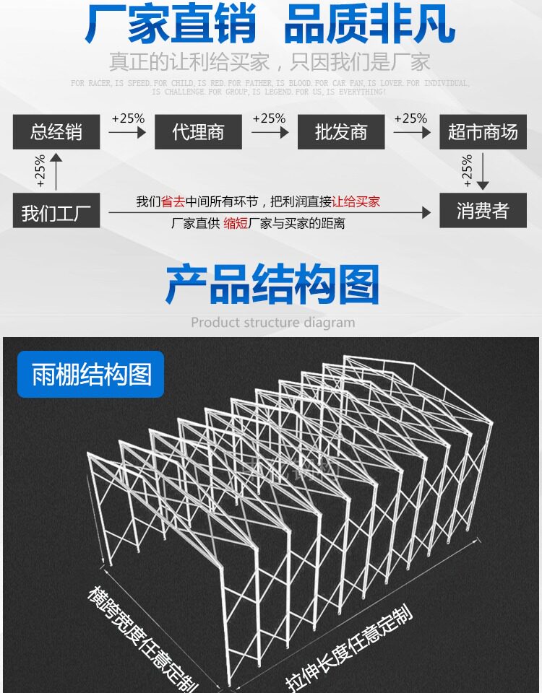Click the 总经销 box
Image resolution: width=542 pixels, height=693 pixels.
tap(56, 132)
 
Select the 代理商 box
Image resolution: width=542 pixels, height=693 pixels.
tap(198, 132)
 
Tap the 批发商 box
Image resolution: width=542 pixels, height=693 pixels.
tap(340, 132)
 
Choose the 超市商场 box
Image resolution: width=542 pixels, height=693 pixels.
tap(483, 132)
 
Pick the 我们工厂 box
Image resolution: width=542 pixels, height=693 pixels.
tap(56, 212)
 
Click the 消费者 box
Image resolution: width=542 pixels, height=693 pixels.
tap(483, 212)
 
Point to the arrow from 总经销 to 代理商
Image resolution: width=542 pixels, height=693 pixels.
tap(128, 132)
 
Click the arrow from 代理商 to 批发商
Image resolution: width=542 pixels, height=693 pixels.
tap(269, 132)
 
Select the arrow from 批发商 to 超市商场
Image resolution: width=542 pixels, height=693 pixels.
tap(411, 132)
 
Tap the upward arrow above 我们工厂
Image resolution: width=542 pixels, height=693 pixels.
tap(56, 171)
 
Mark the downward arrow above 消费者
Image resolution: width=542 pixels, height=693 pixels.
tap(483, 171)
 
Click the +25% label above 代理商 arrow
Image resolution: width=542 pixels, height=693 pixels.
tap(128, 118)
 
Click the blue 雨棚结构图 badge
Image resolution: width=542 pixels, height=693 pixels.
tap(91, 375)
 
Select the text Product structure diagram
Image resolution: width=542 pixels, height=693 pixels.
tap(272, 322)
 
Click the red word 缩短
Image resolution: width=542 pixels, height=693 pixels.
tap(236, 224)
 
